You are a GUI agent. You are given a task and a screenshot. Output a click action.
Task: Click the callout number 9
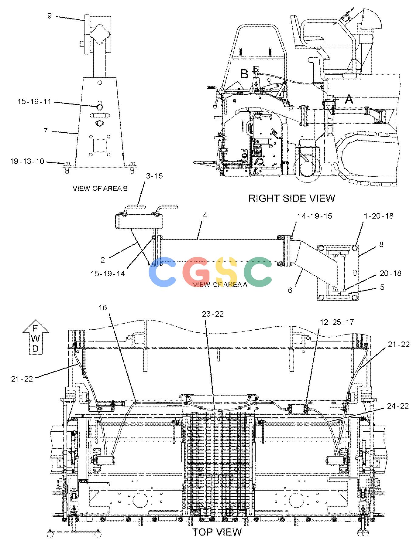[50, 16]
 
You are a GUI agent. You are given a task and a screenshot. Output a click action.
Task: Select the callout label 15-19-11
[34, 101]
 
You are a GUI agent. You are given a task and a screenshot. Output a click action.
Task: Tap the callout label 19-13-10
[27, 161]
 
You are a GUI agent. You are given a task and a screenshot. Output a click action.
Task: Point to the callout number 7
[46, 131]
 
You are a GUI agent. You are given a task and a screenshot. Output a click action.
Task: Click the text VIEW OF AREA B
[100, 189]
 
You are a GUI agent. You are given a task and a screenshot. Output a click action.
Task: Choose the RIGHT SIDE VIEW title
[292, 198]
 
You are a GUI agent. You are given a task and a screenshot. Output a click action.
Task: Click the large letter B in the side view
[244, 74]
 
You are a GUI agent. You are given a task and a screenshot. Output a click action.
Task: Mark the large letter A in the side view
[349, 99]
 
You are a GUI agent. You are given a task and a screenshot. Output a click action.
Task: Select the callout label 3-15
[154, 176]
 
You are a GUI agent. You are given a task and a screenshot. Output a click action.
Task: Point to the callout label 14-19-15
[315, 216]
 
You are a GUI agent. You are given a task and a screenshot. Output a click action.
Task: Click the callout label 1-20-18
[379, 216]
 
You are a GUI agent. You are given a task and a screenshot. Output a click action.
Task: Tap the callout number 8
[381, 244]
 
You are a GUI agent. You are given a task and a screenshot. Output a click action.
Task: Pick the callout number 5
[382, 287]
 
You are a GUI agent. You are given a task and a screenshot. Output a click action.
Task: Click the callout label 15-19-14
[108, 274]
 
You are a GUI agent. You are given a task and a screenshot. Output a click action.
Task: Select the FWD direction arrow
[36, 337]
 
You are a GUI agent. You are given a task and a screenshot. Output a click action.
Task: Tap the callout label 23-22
[213, 314]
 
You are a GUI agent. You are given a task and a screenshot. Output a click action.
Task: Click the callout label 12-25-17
[337, 322]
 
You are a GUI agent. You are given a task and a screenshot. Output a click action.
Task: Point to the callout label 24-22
[398, 406]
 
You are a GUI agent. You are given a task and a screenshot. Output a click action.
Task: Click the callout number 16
[103, 308]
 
